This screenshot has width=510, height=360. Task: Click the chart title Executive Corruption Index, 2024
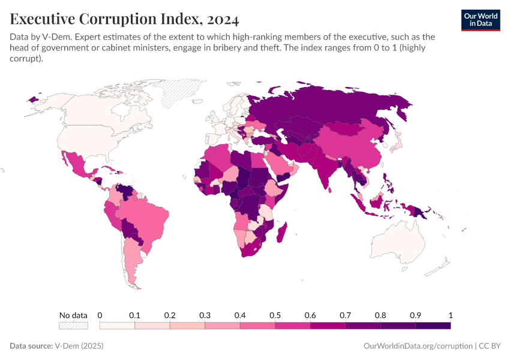click(125, 19)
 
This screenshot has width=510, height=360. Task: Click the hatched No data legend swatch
click(73, 326)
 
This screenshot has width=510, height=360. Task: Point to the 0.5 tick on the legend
click(275, 315)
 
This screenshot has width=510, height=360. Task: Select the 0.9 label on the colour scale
click(415, 315)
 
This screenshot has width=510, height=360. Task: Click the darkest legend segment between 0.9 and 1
click(433, 326)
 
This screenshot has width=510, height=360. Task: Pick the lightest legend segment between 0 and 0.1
click(117, 326)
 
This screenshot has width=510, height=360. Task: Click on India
click(326, 172)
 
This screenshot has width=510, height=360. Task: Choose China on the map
click(354, 150)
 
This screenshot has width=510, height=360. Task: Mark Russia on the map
click(336, 108)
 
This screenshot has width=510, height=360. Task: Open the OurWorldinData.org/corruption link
click(418, 346)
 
